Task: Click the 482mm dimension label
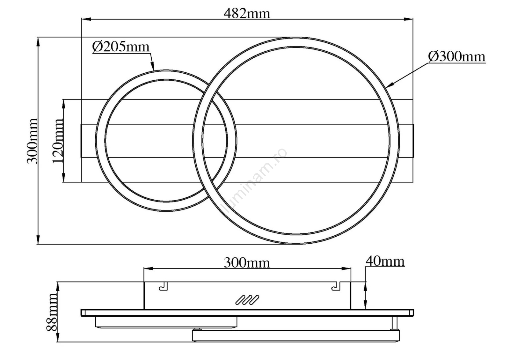click(x=247, y=14)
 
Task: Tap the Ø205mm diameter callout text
click(x=121, y=47)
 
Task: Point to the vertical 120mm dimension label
click(x=58, y=141)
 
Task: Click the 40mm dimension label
click(x=385, y=261)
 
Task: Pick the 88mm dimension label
click(x=52, y=312)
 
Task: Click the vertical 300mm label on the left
click(x=32, y=141)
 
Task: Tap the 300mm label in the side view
click(x=247, y=263)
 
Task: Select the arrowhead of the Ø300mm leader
click(x=389, y=85)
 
